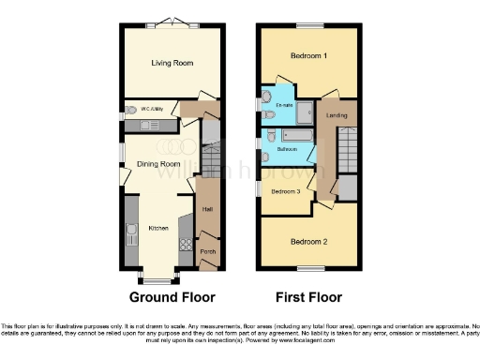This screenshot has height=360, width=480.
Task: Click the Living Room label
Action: pyautogui.click(x=172, y=63)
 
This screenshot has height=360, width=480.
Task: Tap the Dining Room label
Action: pyautogui.click(x=158, y=164)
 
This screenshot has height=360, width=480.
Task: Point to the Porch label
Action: pyautogui.click(x=208, y=251)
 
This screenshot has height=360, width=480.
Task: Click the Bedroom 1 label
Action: pyautogui.click(x=308, y=56)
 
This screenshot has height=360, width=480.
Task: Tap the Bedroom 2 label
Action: pyautogui.click(x=308, y=241)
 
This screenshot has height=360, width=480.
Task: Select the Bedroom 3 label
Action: pyautogui.click(x=286, y=191)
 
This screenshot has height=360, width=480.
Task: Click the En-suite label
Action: pyautogui.click(x=283, y=106)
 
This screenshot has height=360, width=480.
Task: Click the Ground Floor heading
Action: pyautogui.click(x=171, y=297)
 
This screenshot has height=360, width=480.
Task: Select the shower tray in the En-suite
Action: pyautogui.click(x=306, y=107)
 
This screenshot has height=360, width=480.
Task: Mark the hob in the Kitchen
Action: pyautogui.click(x=185, y=248)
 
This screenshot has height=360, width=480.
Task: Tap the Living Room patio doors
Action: pyautogui.click(x=171, y=22)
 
